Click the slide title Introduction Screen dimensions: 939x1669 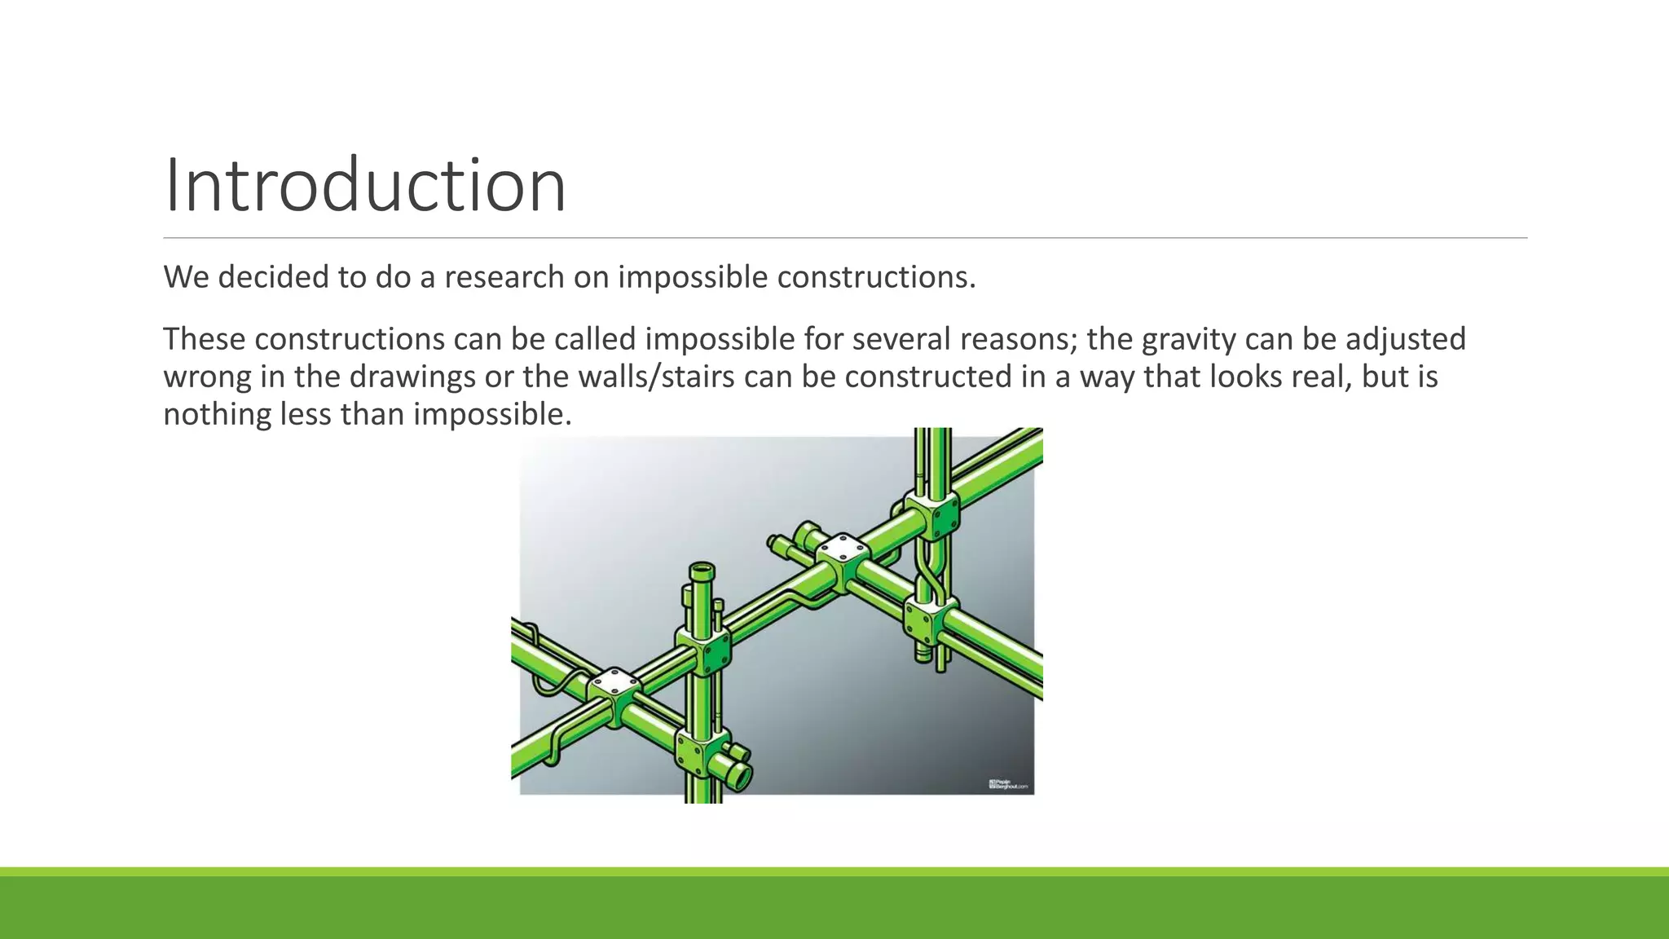pyautogui.click(x=364, y=186)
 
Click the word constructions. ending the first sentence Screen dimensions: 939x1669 pyautogui.click(x=876, y=277)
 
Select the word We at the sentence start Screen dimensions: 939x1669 pyautogui.click(x=186, y=277)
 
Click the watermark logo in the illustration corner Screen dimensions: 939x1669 pyautogui.click(x=1010, y=785)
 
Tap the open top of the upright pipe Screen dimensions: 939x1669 pyautogui.click(x=702, y=569)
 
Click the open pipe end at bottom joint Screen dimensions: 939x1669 pyautogui.click(x=738, y=777)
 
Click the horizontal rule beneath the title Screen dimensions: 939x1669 pyautogui.click(x=844, y=238)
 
